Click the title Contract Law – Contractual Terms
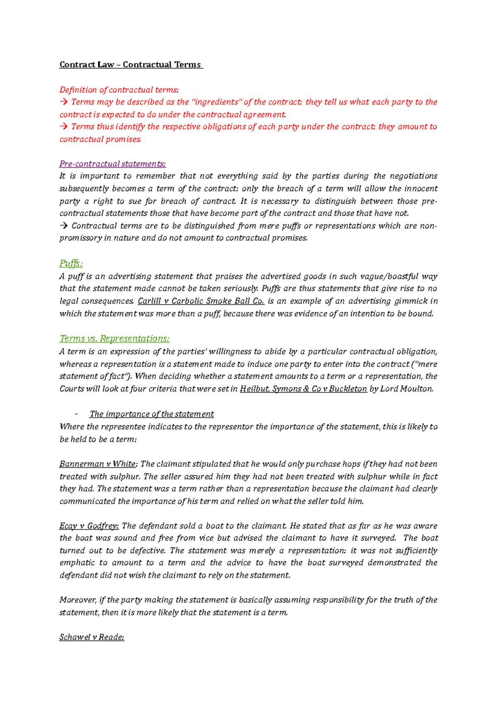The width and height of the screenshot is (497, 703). point(130,65)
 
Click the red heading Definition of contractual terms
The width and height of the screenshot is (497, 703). point(119,90)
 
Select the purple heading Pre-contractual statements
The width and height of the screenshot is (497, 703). point(112,164)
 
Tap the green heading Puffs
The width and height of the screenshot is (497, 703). point(71,263)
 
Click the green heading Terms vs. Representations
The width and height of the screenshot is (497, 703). point(114,339)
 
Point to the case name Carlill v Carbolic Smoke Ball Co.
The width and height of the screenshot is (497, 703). point(201,301)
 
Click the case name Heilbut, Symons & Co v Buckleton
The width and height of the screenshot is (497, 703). point(303,389)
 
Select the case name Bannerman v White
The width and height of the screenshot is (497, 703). point(97,464)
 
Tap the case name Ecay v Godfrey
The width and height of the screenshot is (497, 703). point(89,526)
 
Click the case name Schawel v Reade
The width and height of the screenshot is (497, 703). point(92,637)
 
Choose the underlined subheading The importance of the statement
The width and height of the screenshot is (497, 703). point(152,414)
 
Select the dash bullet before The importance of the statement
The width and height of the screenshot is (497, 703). point(76,414)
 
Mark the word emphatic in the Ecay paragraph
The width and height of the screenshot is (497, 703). point(77,563)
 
